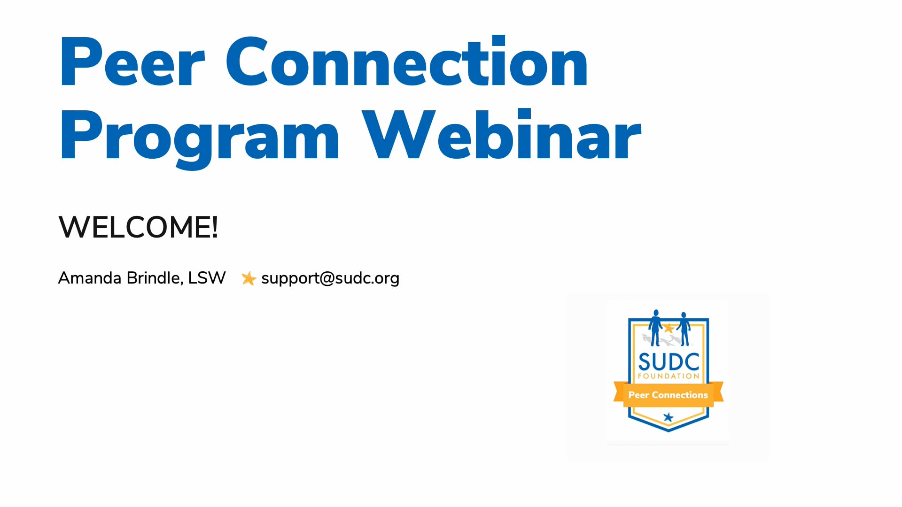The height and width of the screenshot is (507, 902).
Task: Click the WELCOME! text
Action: [138, 227]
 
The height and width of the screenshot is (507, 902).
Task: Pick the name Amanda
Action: [90, 278]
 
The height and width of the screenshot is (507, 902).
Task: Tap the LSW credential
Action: [207, 278]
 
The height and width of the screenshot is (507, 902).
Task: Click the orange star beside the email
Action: [249, 278]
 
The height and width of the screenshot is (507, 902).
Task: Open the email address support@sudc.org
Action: [330, 278]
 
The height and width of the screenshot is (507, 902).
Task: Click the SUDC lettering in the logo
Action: [669, 362]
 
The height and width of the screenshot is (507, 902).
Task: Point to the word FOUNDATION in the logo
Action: [669, 376]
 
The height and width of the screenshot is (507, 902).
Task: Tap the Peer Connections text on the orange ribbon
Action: [668, 395]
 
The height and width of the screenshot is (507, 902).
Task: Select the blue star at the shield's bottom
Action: [668, 417]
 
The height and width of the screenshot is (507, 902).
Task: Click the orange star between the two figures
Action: [669, 328]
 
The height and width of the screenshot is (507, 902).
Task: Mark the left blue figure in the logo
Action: [655, 327]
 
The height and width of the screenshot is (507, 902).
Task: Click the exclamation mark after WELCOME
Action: [215, 227]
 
